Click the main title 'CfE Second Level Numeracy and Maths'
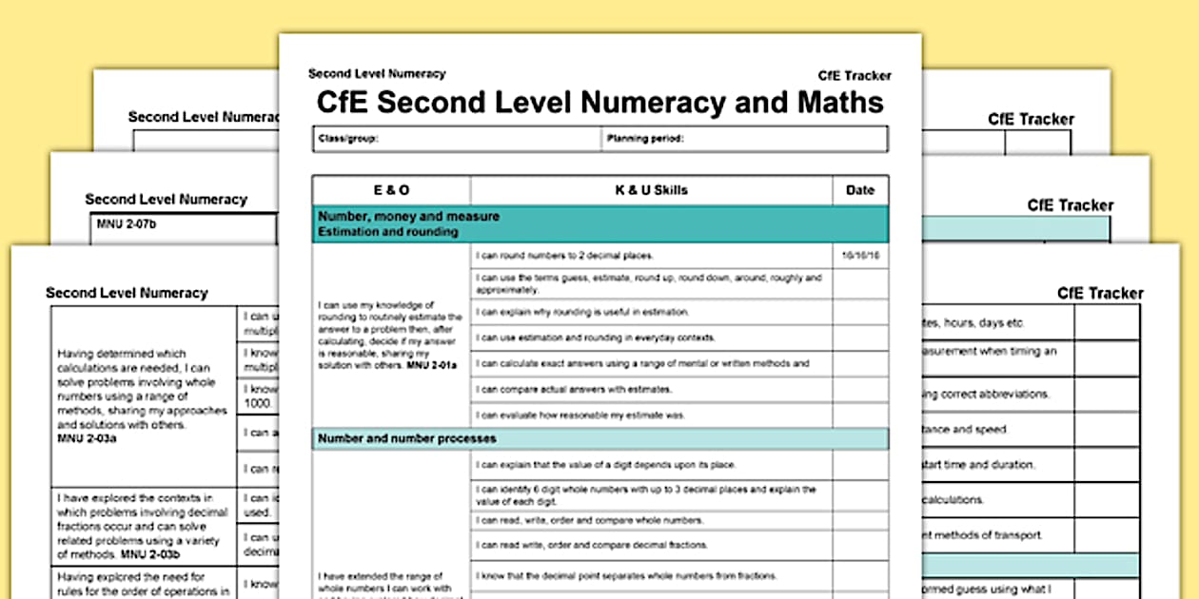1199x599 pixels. tap(599, 102)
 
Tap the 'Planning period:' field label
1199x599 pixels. tap(645, 139)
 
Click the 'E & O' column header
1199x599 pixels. tap(390, 190)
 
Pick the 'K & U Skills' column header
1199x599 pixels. tap(651, 190)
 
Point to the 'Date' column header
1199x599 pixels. tap(859, 190)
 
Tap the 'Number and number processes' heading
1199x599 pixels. tap(406, 438)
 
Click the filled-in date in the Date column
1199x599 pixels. tap(859, 256)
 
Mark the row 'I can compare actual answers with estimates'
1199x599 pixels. tap(574, 389)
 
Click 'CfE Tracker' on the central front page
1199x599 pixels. tap(854, 76)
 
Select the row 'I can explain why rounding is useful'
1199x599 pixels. tap(582, 312)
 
